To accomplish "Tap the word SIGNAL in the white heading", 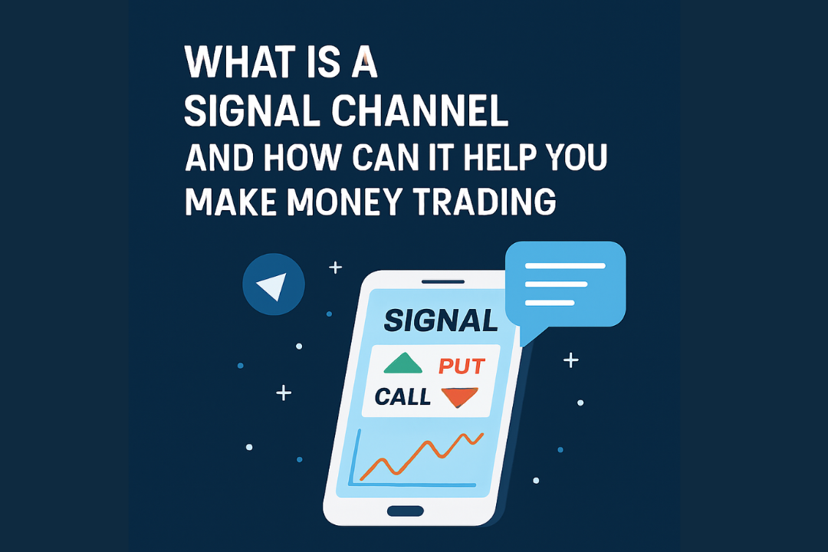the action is click(x=252, y=111).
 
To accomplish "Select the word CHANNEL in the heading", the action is click(x=420, y=111).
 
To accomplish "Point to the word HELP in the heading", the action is click(x=499, y=157).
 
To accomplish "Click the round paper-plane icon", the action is click(x=274, y=284).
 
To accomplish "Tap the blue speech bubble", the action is click(x=565, y=285).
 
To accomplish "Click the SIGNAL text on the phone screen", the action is click(x=441, y=320).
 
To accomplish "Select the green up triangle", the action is click(x=403, y=363).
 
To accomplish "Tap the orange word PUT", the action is click(x=462, y=366).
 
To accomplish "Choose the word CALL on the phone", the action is click(x=402, y=396).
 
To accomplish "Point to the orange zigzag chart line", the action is click(x=422, y=456).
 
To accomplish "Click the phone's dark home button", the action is click(x=406, y=511).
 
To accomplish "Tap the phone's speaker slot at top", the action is click(x=442, y=282).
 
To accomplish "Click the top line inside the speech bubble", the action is click(x=565, y=266).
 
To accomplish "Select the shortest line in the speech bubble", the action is click(x=550, y=303).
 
